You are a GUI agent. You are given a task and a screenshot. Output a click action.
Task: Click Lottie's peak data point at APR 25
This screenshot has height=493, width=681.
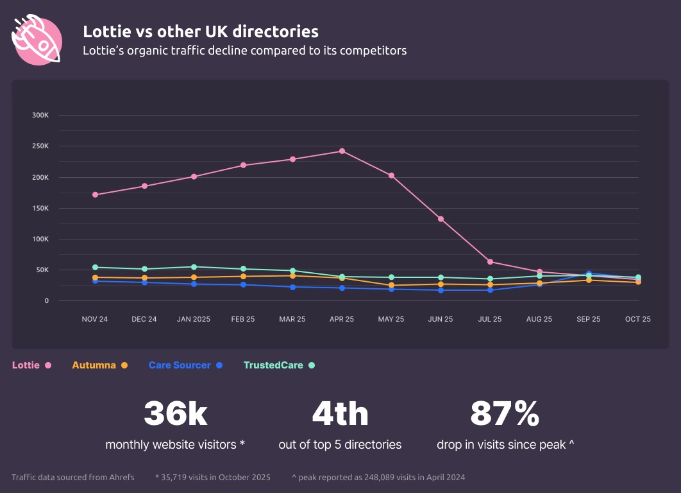(342, 151)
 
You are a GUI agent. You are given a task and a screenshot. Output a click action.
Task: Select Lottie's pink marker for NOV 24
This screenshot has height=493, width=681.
(95, 195)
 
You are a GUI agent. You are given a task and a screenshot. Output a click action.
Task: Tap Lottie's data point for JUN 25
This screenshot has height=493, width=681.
(441, 219)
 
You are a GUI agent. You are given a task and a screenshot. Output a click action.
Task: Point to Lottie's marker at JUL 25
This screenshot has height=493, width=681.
(490, 262)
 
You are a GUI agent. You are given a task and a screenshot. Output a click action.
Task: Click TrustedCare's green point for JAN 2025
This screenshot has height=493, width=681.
(194, 267)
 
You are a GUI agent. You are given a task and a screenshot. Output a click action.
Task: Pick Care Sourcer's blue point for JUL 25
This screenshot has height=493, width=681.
(490, 290)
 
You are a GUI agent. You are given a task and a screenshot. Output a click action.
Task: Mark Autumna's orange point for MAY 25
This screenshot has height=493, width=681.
(391, 286)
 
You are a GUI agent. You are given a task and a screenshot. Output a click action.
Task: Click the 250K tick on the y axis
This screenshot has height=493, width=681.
(40, 146)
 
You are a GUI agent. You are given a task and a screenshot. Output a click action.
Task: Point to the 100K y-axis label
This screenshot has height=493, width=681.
(40, 239)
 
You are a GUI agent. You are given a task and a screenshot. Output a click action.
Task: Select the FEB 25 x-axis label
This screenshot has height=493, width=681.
(242, 320)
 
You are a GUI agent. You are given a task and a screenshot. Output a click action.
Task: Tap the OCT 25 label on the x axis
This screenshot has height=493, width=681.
(637, 320)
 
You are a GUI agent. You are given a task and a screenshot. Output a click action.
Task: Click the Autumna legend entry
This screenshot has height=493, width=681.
(99, 365)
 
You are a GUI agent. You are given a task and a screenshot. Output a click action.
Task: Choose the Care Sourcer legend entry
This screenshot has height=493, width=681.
(185, 365)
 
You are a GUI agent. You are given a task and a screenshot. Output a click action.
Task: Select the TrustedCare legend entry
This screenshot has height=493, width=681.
(279, 365)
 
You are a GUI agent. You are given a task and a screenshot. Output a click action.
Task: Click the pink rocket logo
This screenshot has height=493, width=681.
(37, 40)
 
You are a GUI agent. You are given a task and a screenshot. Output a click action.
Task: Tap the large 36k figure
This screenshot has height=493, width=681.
(175, 414)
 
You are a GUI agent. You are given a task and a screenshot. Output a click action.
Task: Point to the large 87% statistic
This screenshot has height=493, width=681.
(505, 414)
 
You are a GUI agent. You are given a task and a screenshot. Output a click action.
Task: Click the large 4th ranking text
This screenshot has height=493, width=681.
(340, 414)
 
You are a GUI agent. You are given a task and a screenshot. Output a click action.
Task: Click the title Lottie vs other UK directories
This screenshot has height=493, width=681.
(201, 31)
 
